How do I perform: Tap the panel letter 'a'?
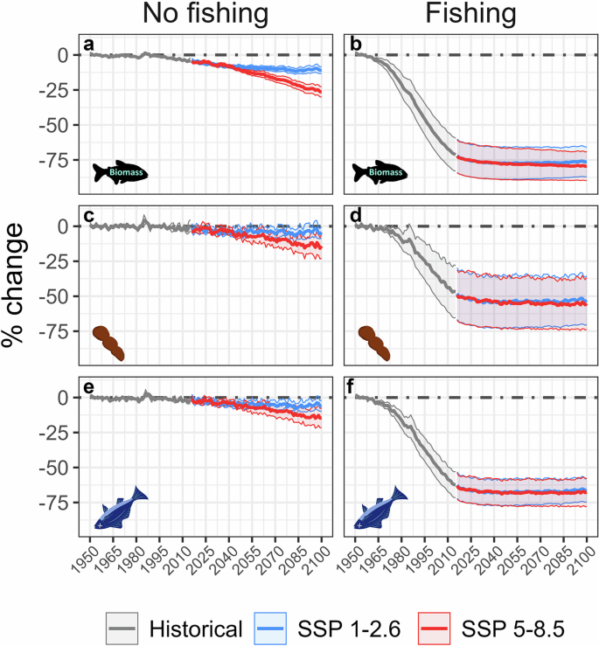(88, 43)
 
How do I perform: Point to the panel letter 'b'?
(353, 43)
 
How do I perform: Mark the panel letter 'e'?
(88, 385)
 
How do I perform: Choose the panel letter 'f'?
(352, 385)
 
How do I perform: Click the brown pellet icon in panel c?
(109, 342)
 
